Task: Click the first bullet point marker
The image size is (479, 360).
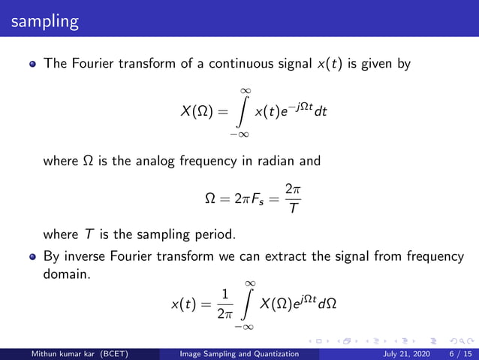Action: (x=32, y=65)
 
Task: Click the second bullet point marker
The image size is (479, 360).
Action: (x=32, y=257)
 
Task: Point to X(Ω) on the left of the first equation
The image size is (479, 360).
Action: (x=197, y=112)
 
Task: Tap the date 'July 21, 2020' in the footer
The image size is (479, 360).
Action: (x=410, y=353)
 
